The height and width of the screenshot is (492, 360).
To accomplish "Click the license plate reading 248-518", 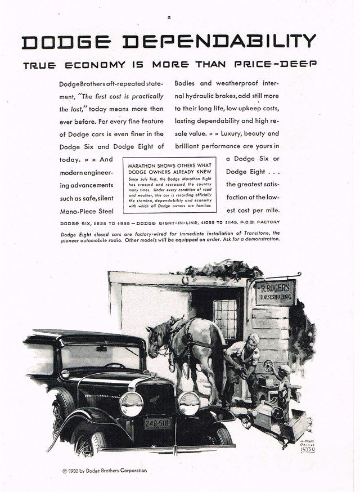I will pyautogui.click(x=158, y=423).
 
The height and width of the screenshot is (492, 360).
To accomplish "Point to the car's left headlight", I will pyautogui.click(x=130, y=404).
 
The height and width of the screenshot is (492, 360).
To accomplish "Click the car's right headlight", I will pyautogui.click(x=189, y=403).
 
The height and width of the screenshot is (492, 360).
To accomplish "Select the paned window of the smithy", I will pyautogui.click(x=225, y=319).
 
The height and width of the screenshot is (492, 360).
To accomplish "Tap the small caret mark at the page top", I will pyautogui.click(x=168, y=18).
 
